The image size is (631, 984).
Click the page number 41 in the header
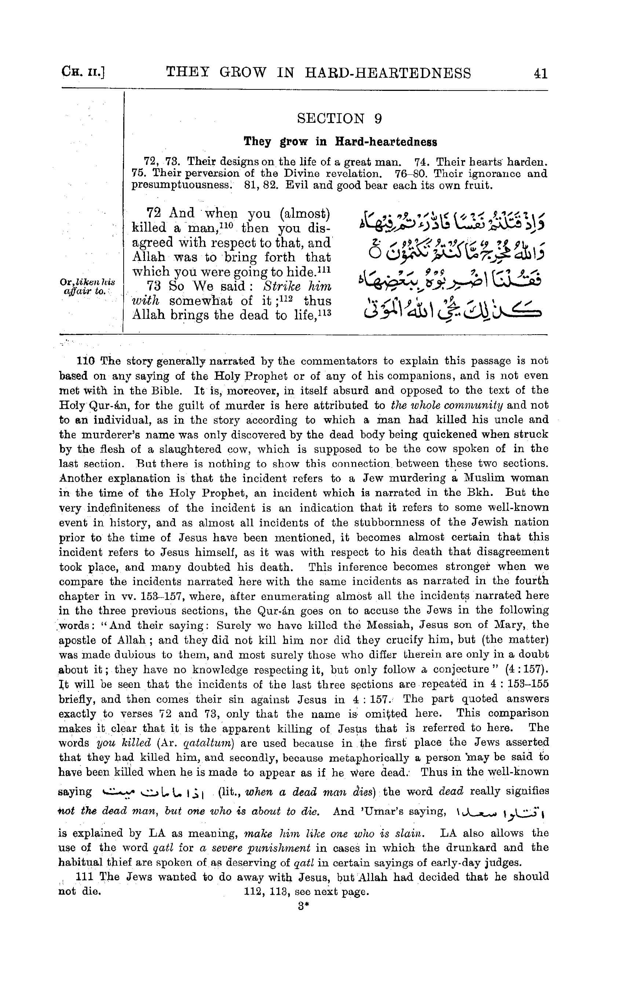pyautogui.click(x=540, y=74)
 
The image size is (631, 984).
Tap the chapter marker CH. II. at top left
pyautogui.click(x=84, y=74)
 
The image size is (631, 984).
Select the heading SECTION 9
pyautogui.click(x=339, y=119)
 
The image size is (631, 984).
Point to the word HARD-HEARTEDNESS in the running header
pyautogui.click(x=388, y=73)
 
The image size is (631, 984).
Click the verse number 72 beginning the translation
pyautogui.click(x=154, y=214)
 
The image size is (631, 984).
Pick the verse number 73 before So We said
pyautogui.click(x=154, y=286)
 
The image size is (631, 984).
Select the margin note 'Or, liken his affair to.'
pyautogui.click(x=87, y=287)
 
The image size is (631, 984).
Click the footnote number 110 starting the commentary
pyautogui.click(x=85, y=361)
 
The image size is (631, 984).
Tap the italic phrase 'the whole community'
pyautogui.click(x=446, y=406)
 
